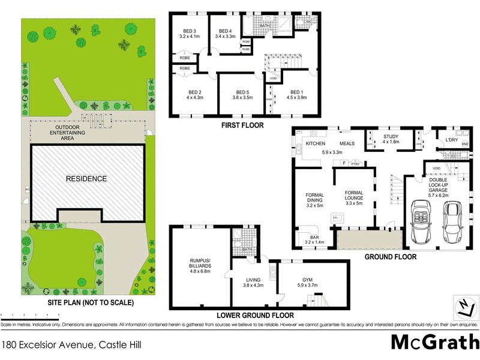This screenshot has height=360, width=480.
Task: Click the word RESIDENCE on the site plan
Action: [86, 178]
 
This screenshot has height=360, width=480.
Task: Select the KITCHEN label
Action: [316, 144]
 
